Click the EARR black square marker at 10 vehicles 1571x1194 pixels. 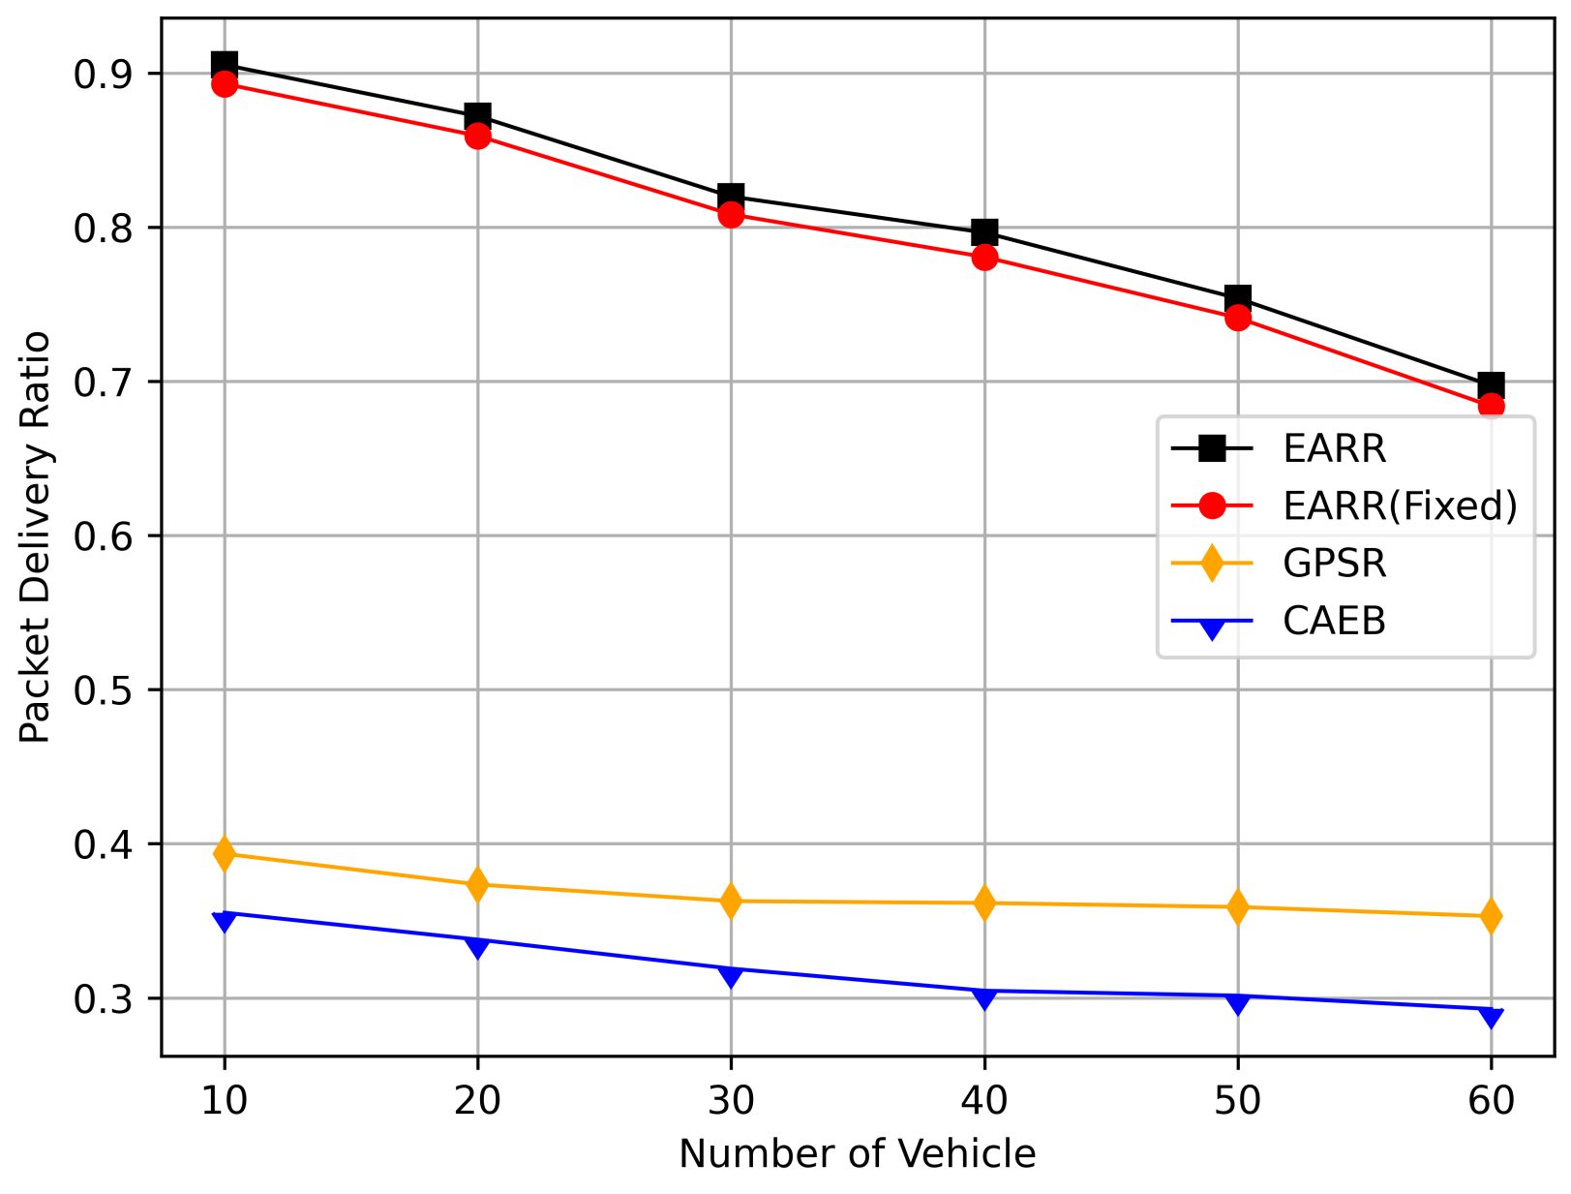point(225,66)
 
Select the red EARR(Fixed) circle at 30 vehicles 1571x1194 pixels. point(731,214)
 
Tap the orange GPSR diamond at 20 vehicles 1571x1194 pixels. point(477,884)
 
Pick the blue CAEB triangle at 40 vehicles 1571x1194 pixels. point(984,997)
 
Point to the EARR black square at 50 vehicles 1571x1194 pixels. point(1237,297)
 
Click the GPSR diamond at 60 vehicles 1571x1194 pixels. point(1491,916)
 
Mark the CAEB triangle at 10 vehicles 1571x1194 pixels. point(225,920)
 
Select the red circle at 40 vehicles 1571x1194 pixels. point(984,257)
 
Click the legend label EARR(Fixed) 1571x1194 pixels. point(1400,505)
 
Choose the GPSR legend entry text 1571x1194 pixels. point(1335,563)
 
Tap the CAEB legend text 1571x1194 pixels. point(1335,621)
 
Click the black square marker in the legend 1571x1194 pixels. point(1212,448)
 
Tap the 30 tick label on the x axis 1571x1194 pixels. point(731,1101)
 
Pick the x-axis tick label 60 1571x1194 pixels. point(1491,1101)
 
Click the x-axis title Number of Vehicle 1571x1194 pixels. point(857,1154)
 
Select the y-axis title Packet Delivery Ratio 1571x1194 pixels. point(35,536)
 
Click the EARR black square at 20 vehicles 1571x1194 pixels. point(477,117)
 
